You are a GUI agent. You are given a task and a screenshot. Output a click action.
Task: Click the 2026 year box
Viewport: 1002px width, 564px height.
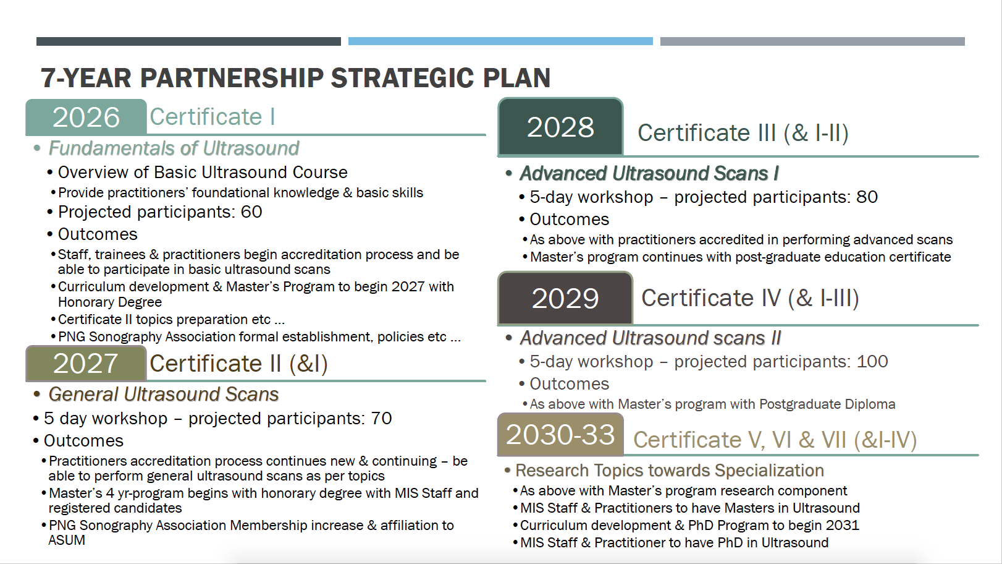coord(86,117)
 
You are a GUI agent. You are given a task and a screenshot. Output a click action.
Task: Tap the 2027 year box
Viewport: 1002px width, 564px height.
coord(86,363)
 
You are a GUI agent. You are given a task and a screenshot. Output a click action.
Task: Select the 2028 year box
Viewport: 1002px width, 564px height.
coord(560,127)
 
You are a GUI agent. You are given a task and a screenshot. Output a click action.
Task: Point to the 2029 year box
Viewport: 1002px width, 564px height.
coord(565,298)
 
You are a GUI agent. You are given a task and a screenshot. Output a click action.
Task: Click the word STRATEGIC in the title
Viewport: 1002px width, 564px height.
coord(402,78)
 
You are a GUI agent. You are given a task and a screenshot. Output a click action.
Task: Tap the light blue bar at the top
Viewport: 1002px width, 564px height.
coord(500,41)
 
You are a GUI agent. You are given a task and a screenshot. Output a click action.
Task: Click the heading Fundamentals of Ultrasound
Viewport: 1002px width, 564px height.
coord(174,148)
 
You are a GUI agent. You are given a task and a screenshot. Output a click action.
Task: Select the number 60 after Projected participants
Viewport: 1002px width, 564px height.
coord(251,212)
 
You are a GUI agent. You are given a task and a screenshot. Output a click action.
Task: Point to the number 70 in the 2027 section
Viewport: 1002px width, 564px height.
coord(382,419)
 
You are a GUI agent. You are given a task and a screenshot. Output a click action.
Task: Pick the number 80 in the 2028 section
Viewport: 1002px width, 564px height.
coord(867,197)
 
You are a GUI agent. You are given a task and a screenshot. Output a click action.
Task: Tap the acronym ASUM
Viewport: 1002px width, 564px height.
coord(67,540)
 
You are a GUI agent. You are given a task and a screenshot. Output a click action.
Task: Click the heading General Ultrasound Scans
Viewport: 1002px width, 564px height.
coord(163,395)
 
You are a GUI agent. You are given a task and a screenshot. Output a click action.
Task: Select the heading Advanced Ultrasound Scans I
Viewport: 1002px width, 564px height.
coord(649,174)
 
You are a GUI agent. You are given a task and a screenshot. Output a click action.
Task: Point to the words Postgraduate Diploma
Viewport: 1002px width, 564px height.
coord(827,404)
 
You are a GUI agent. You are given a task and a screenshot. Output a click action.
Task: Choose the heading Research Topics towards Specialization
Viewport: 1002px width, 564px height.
coord(670,471)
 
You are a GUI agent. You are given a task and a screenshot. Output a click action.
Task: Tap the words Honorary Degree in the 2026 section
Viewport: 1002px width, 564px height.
coord(109,302)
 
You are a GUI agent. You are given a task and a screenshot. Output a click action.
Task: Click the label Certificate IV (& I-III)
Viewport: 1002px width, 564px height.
coord(750,298)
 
